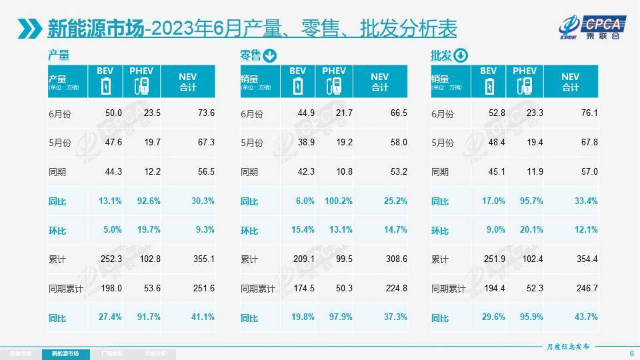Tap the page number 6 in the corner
click(x=631, y=353)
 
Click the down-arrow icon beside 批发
click(x=461, y=56)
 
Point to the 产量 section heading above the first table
click(x=59, y=56)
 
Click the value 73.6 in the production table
click(x=205, y=113)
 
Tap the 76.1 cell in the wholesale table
click(x=589, y=113)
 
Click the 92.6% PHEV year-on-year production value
click(x=149, y=201)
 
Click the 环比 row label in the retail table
click(x=250, y=231)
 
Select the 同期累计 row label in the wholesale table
click(x=448, y=289)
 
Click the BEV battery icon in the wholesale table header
click(x=489, y=86)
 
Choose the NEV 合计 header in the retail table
click(x=379, y=81)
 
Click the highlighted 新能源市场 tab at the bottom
click(x=65, y=353)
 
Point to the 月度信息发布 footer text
click(x=563, y=347)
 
